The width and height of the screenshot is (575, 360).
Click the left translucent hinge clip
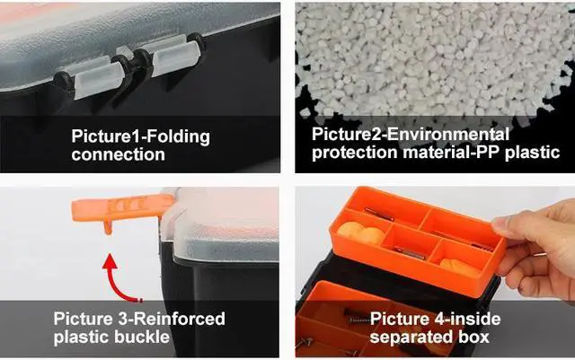(90, 75)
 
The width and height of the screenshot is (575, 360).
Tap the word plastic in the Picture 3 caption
(80, 337)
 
